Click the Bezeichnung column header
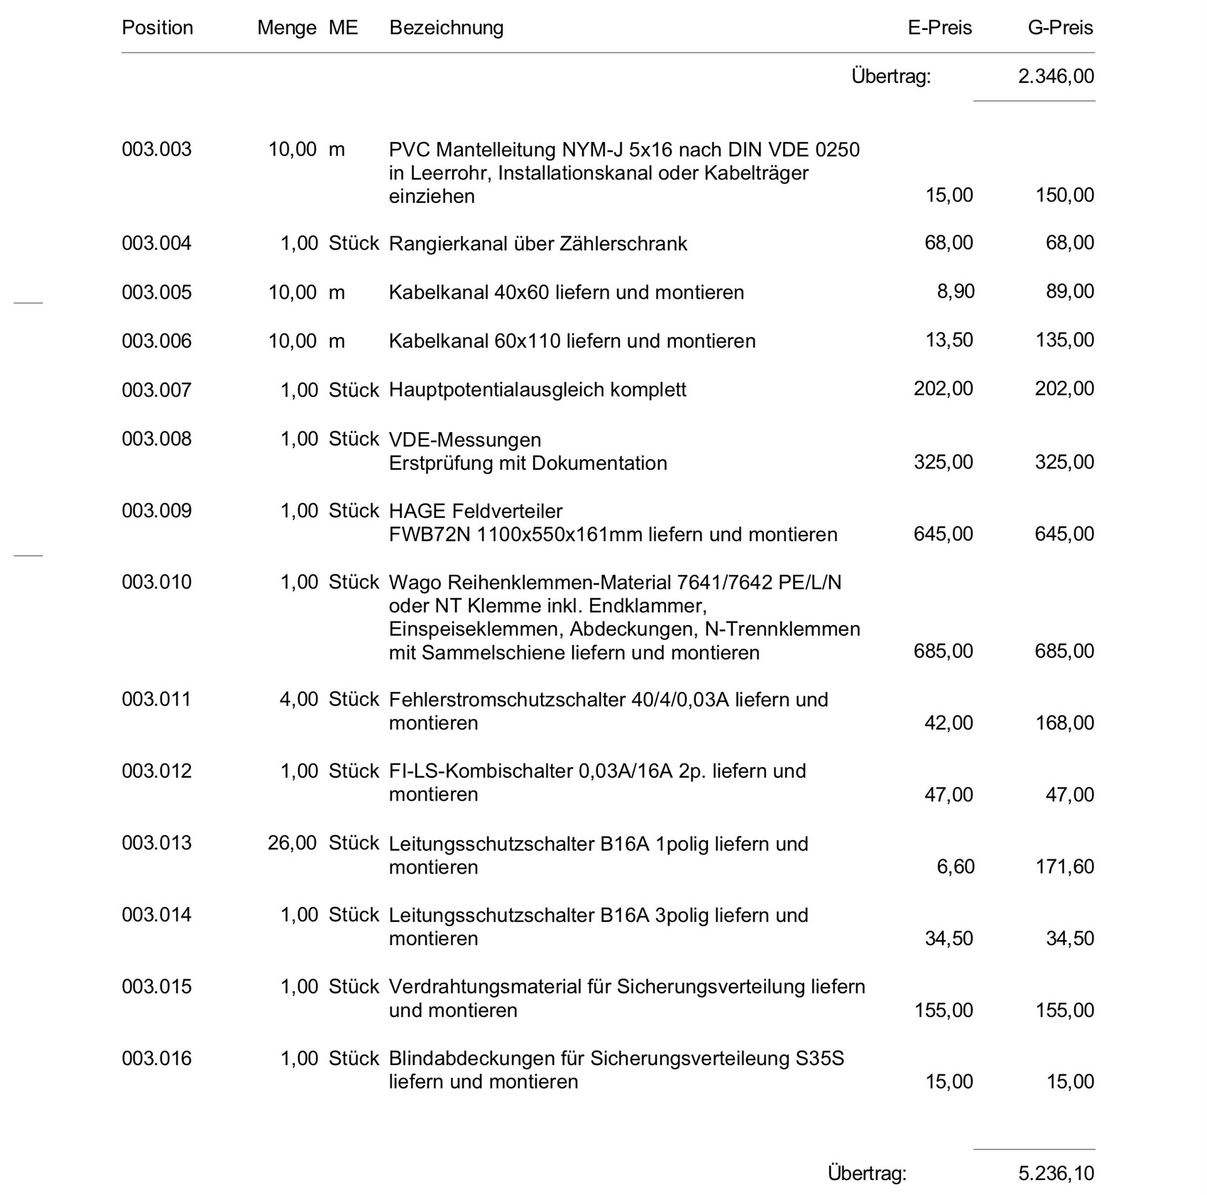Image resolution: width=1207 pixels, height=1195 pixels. [x=446, y=28]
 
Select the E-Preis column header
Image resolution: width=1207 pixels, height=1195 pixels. [x=939, y=28]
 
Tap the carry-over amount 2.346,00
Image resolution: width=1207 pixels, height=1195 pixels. [x=1056, y=76]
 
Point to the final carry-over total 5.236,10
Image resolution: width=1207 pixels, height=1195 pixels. [x=1056, y=1173]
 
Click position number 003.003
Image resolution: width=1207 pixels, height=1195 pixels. [x=156, y=149]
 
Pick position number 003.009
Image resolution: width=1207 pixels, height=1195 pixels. [x=156, y=511]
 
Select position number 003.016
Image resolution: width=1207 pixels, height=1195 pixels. [x=156, y=1058]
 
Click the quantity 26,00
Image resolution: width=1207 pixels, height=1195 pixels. [x=292, y=843]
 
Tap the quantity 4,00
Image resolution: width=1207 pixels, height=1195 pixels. [x=298, y=700]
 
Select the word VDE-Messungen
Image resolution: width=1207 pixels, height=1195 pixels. [x=464, y=440]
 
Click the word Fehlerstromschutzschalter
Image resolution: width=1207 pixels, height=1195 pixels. [x=506, y=700]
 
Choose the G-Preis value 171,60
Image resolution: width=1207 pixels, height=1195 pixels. [x=1064, y=866]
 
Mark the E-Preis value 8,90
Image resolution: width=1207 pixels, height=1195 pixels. [x=956, y=292]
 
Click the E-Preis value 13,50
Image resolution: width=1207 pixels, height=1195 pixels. [x=949, y=340]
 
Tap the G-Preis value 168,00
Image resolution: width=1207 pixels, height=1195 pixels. [x=1064, y=723]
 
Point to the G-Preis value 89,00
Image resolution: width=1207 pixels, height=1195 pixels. [x=1069, y=292]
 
